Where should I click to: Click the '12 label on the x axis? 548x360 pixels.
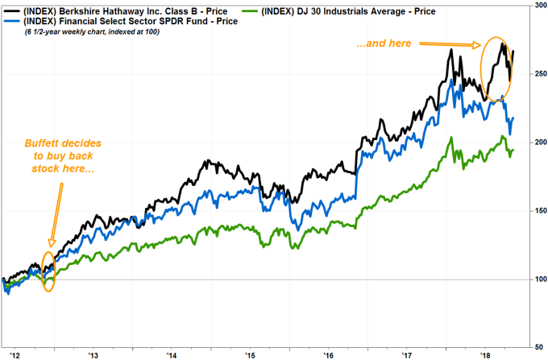pos(14,354)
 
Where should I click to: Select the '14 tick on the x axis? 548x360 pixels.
pos(172,354)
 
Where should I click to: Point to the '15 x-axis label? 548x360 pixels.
pos(250,354)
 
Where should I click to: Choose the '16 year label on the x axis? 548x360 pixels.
pos(328,354)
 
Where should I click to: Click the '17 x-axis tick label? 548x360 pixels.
pos(407,354)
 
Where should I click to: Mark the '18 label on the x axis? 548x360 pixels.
pos(485,354)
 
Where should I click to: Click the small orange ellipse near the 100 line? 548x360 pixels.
pos(48,273)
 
